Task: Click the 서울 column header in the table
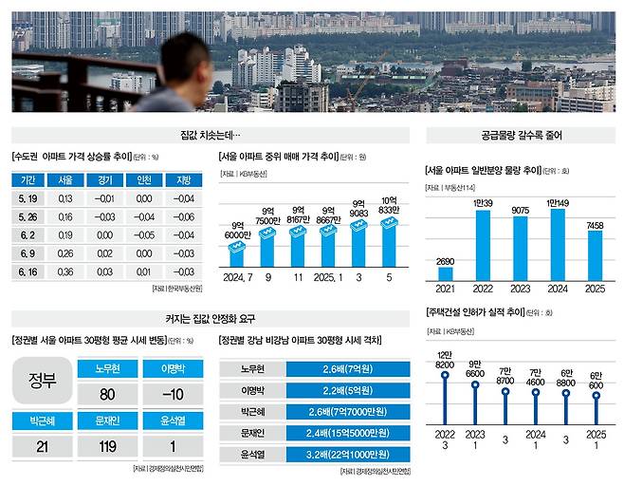pyautogui.click(x=65, y=180)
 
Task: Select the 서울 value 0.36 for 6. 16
pyautogui.click(x=65, y=271)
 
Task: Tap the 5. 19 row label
pyautogui.click(x=27, y=198)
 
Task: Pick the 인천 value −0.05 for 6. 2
pyautogui.click(x=143, y=235)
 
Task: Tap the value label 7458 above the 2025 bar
pyautogui.click(x=595, y=224)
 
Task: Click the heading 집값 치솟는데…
pyautogui.click(x=211, y=136)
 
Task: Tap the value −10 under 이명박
pyautogui.click(x=171, y=394)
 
